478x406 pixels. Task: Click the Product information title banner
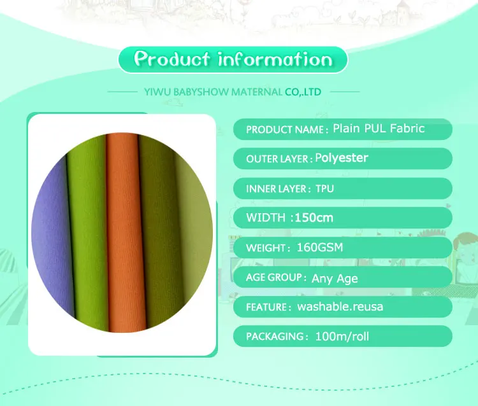click(x=233, y=60)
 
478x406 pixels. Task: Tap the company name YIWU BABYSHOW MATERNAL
click(x=214, y=92)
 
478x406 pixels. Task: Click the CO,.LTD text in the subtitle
click(x=303, y=92)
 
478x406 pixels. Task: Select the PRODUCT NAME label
click(x=286, y=130)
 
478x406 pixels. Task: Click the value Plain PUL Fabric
click(x=379, y=129)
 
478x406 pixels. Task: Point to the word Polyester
click(x=342, y=158)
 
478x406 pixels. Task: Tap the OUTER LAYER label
click(x=279, y=159)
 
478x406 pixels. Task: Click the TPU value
click(x=324, y=189)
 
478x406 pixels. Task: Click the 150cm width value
click(x=314, y=218)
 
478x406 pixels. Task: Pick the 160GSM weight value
click(x=320, y=248)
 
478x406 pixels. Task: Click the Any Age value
click(x=335, y=278)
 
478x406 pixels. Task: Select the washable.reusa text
click(x=340, y=307)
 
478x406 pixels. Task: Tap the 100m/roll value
click(x=342, y=336)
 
